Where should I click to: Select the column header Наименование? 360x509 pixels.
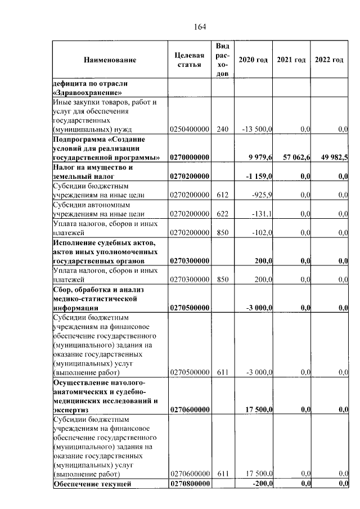[x=110, y=60]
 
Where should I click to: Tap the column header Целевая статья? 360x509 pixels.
[x=189, y=60]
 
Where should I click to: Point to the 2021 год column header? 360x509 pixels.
[x=291, y=60]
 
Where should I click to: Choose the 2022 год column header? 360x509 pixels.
[x=329, y=60]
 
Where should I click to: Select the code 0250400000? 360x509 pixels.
[x=190, y=129]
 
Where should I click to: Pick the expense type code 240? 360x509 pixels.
[x=222, y=129]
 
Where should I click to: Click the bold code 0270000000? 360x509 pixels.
[x=190, y=157]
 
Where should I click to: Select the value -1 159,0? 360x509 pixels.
[x=259, y=177]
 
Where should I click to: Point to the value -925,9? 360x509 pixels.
[x=262, y=195]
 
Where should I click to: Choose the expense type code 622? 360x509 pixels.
[x=222, y=214]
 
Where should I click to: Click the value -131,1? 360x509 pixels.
[x=262, y=214]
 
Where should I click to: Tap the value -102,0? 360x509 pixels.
[x=262, y=232]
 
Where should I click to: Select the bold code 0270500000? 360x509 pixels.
[x=190, y=308]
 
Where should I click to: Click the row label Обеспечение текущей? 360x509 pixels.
[x=92, y=484]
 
